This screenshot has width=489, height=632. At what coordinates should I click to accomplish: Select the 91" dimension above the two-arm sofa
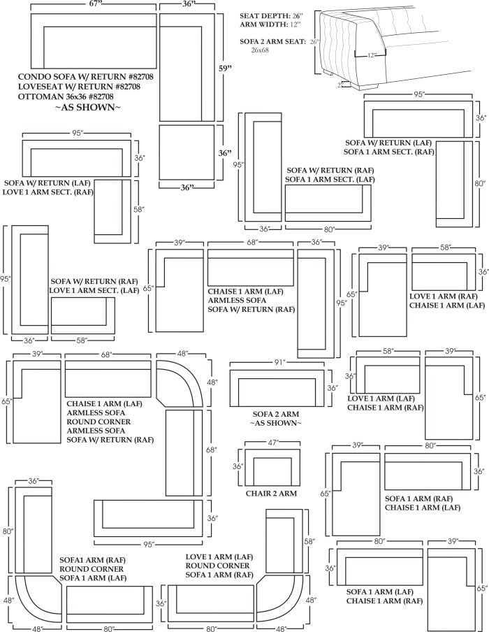coord(280,362)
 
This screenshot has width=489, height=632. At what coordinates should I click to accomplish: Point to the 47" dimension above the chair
coord(273,443)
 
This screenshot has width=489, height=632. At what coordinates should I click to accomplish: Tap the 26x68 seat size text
coord(256,50)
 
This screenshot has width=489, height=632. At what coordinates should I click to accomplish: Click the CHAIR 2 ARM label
coord(271,494)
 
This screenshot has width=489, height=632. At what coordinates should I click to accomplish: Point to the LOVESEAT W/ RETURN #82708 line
coord(80,86)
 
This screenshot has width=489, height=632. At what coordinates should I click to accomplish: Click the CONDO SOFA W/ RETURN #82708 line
coord(81,76)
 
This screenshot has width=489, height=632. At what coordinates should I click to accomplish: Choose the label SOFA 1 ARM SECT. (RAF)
coord(388,151)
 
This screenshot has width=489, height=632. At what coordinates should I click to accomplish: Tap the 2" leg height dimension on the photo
coord(340,85)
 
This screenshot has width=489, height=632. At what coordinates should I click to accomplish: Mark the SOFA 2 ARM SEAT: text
coord(272,42)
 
